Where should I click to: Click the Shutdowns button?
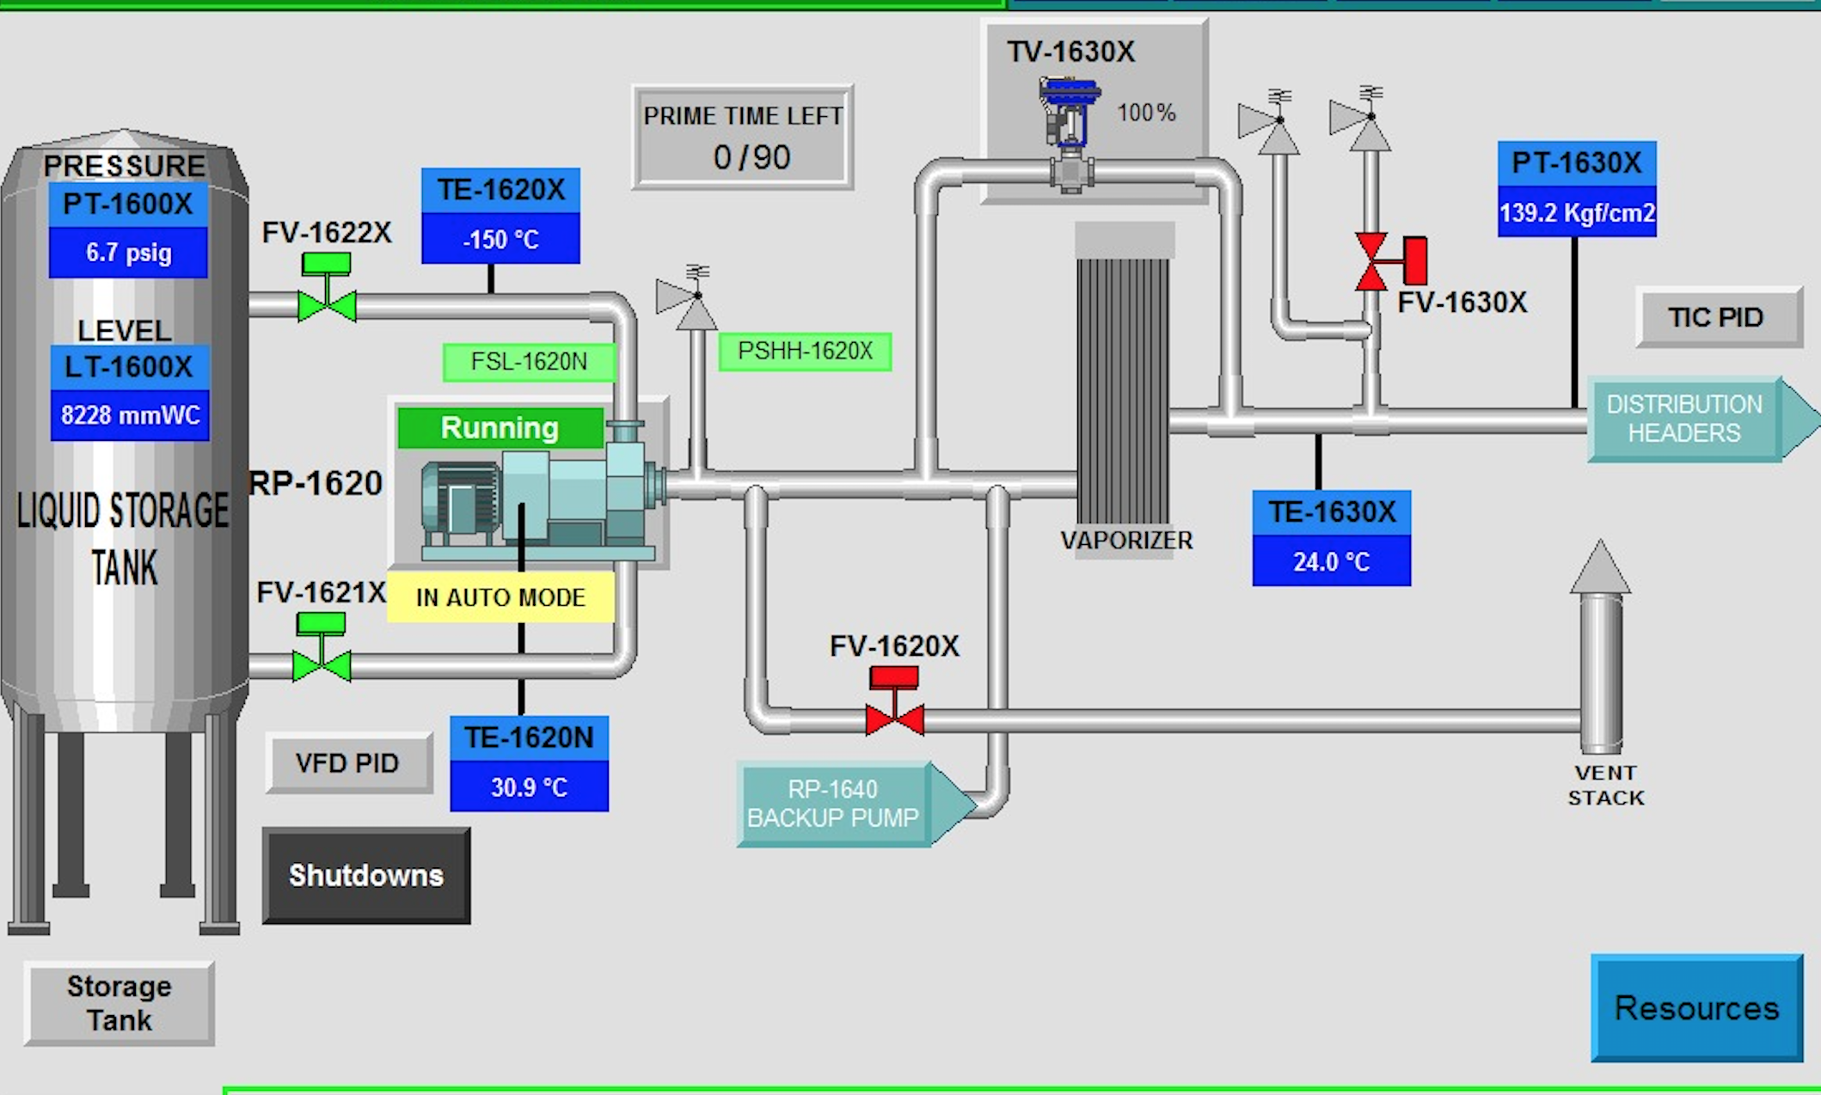[366, 875]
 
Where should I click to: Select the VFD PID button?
[348, 762]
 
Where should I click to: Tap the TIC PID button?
[1717, 317]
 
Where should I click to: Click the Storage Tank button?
[120, 1003]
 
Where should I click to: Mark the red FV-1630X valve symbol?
[1373, 261]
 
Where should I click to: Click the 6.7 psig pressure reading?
[128, 253]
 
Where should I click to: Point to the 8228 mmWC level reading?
[130, 416]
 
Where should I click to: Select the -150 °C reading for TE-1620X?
[500, 239]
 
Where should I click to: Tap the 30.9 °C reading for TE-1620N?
[529, 787]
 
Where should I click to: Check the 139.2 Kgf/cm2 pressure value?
[1577, 212]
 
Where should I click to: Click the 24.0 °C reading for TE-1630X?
[1331, 561]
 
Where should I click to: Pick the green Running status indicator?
[500, 427]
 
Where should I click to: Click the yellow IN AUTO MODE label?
[500, 596]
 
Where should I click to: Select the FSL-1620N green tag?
[529, 362]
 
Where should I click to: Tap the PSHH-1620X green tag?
[805, 352]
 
